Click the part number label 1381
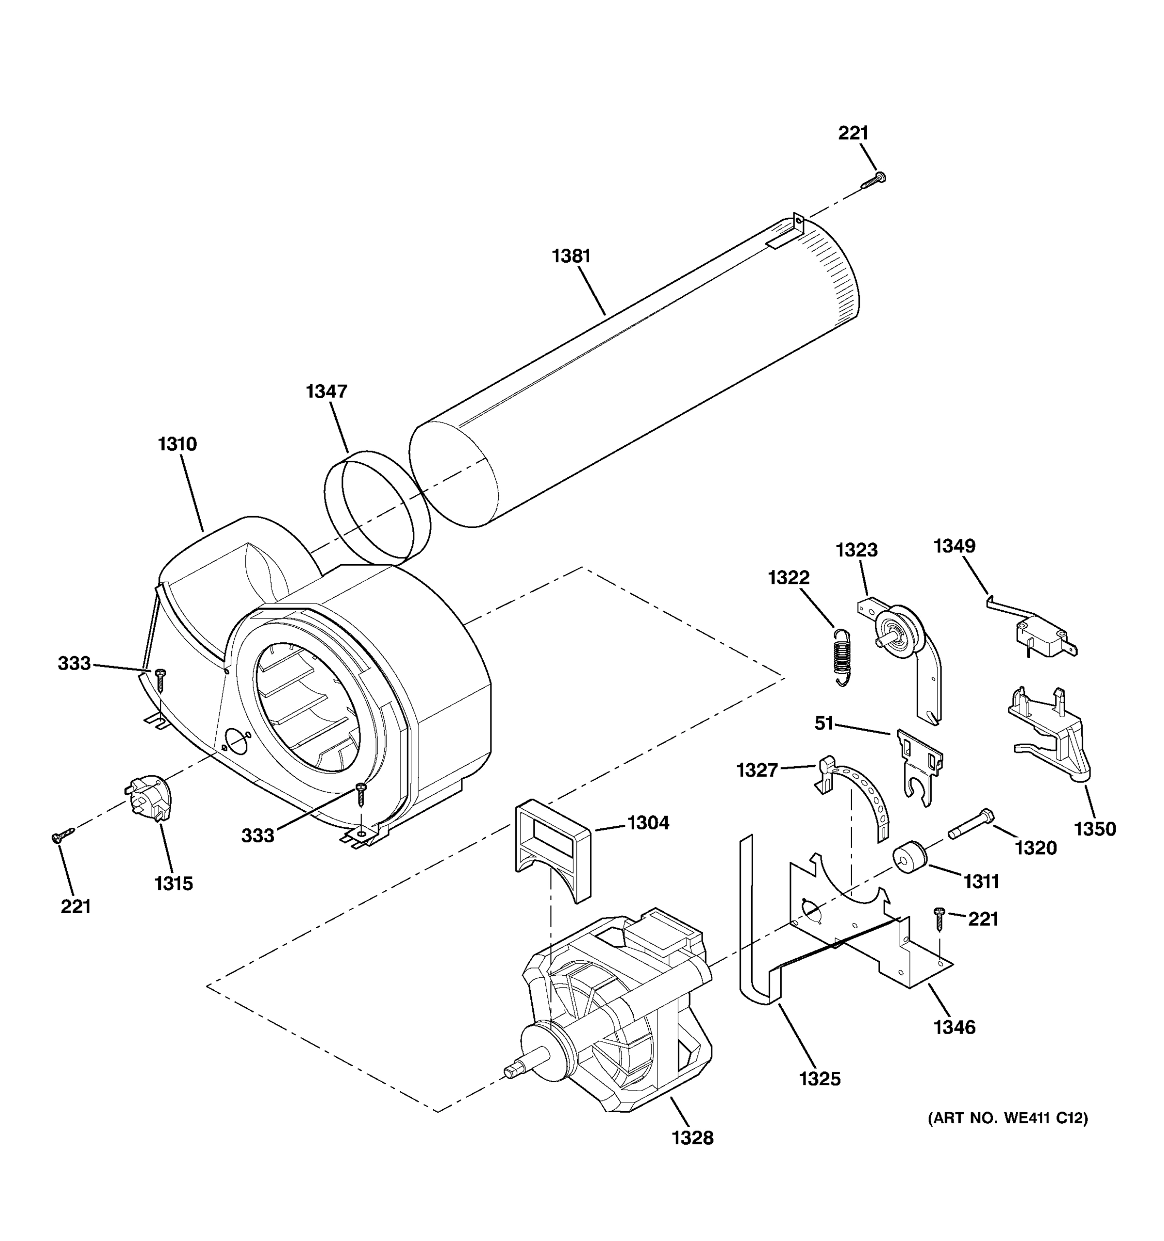571,256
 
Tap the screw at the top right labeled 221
874,181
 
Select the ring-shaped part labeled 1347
377,504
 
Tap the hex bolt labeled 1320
971,824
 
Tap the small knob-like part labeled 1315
148,797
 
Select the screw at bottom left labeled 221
63,835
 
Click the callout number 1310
177,445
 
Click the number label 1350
1095,829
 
